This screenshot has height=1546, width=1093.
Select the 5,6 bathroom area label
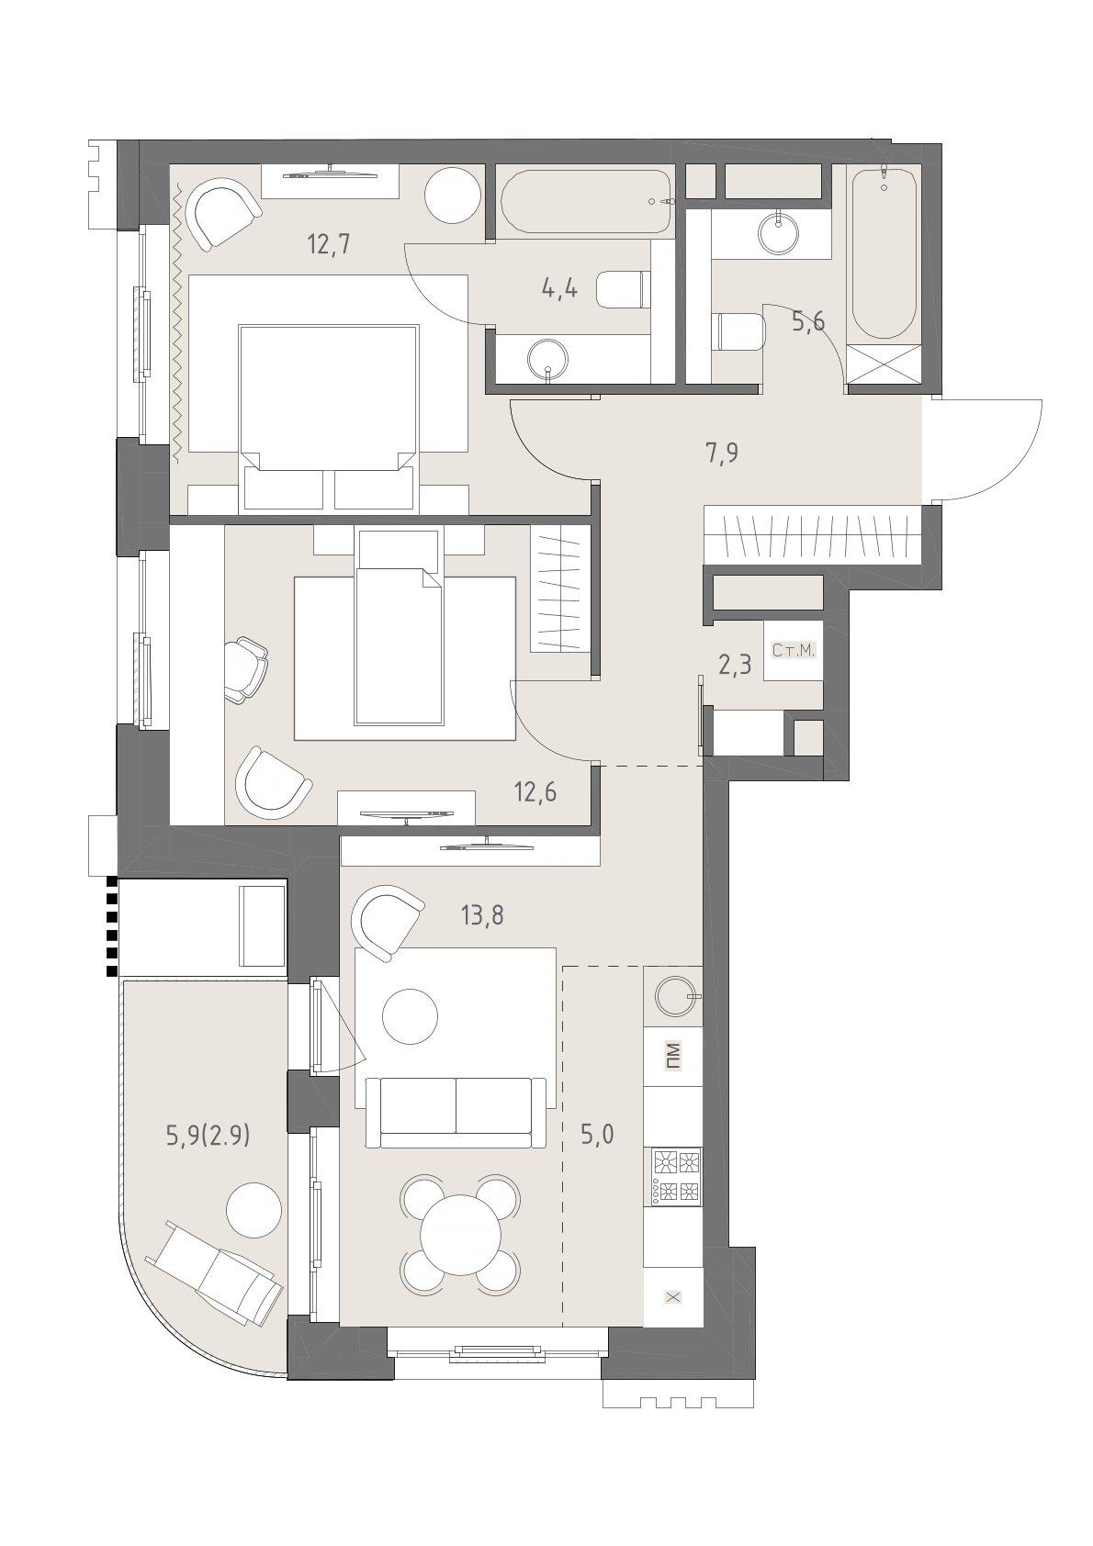click(x=808, y=321)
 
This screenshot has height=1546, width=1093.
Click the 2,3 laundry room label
click(x=735, y=667)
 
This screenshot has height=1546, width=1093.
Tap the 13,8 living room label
click(x=482, y=916)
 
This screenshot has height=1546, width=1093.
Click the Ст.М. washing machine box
click(x=794, y=651)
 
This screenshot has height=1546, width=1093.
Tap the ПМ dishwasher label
click(x=673, y=1056)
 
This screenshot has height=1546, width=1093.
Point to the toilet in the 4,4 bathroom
click(x=624, y=290)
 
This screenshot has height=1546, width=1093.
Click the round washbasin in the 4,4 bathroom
click(x=548, y=359)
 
